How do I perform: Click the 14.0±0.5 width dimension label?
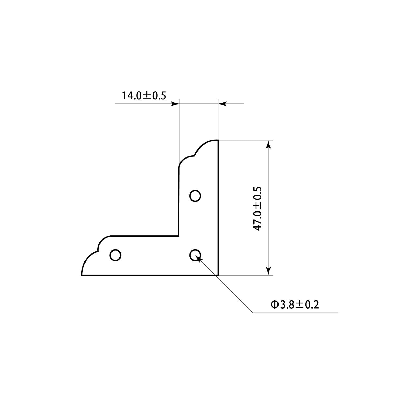pyautogui.click(x=144, y=95)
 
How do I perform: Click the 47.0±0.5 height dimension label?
pyautogui.click(x=257, y=209)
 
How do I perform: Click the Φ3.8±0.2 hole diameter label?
pyautogui.click(x=295, y=304)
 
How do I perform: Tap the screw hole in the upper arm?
pyautogui.click(x=195, y=196)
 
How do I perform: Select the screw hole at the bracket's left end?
pyautogui.click(x=115, y=255)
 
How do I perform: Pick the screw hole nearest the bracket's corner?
pyautogui.click(x=195, y=255)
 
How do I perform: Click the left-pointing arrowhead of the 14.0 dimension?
pyautogui.click(x=222, y=104)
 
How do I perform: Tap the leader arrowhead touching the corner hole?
pyautogui.click(x=199, y=258)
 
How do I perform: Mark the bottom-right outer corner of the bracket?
pyautogui.click(x=218, y=275)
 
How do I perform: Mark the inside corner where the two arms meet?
pyautogui.click(x=179, y=236)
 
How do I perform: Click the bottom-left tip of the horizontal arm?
pyautogui.click(x=82, y=275)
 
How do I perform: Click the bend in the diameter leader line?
pyautogui.click(x=252, y=312)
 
